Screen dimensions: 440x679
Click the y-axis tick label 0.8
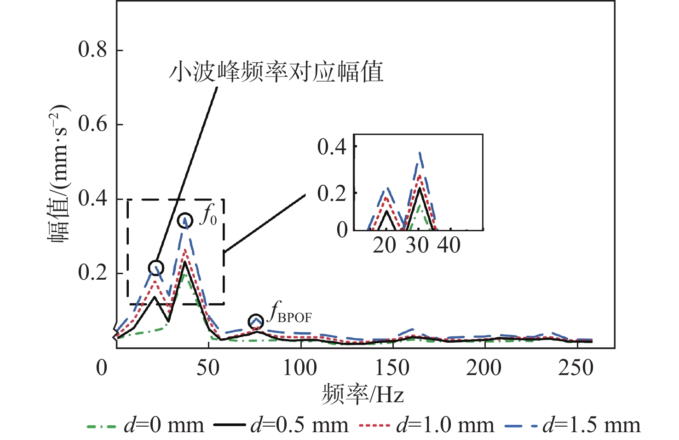(92, 50)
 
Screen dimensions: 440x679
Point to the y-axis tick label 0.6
(92, 124)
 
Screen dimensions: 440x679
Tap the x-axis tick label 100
(300, 368)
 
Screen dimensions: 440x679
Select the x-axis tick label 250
(576, 368)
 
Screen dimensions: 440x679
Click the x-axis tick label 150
(392, 368)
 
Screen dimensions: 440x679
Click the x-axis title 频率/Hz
(363, 394)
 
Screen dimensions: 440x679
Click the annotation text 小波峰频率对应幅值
(276, 72)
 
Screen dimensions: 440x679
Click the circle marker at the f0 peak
(185, 221)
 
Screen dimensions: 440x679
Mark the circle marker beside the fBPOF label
(256, 321)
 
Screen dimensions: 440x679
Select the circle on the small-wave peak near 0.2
(156, 268)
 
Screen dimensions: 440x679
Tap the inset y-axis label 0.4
(332, 147)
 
